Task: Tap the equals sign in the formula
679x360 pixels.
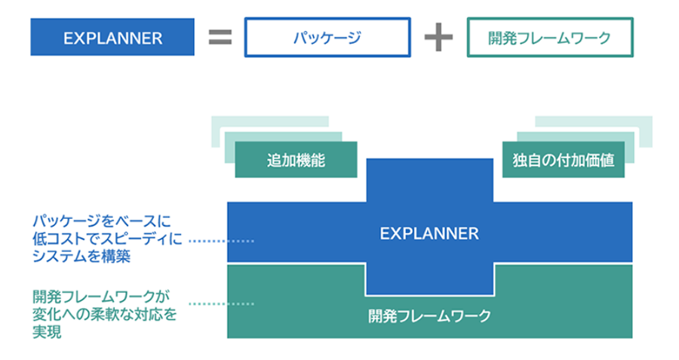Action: (220, 38)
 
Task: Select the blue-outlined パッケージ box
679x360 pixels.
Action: (327, 38)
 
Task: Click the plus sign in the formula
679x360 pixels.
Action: (438, 38)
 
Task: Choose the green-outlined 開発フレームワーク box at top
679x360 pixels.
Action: (550, 38)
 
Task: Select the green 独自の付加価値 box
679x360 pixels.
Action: (563, 160)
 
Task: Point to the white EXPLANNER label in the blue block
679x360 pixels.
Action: (429, 233)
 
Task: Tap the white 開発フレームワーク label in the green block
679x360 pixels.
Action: (429, 315)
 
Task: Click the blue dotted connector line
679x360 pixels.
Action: (220, 240)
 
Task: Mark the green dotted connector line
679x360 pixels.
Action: (220, 304)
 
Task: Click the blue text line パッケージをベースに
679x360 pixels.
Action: (102, 222)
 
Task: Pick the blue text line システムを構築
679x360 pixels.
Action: (81, 258)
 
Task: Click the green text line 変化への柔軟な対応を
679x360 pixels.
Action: (104, 313)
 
